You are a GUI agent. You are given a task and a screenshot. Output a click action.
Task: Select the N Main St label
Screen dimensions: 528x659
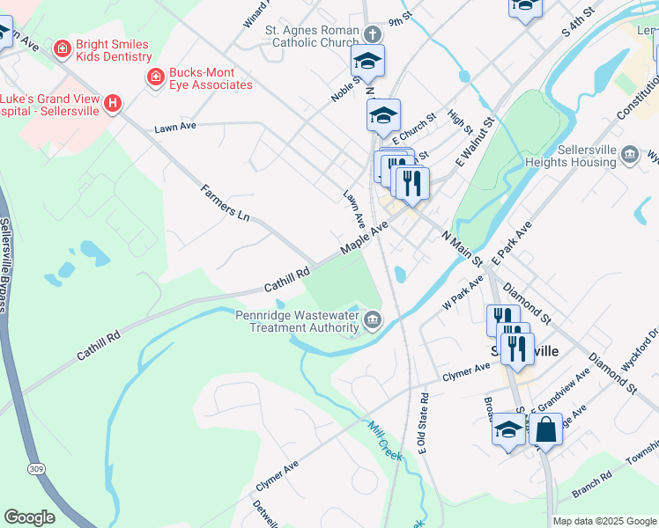tap(462, 249)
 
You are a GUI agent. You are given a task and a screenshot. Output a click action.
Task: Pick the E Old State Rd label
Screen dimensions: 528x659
tap(424, 422)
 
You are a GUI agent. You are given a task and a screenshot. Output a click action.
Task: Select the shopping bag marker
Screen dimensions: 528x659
tap(545, 429)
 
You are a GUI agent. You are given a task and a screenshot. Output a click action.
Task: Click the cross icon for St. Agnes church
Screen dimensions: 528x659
tap(373, 34)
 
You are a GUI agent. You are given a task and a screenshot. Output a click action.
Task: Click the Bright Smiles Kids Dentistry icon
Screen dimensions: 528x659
tap(62, 48)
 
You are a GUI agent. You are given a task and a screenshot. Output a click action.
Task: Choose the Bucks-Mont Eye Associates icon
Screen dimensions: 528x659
tap(155, 77)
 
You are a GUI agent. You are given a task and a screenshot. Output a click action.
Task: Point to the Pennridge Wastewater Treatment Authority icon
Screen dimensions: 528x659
tap(373, 319)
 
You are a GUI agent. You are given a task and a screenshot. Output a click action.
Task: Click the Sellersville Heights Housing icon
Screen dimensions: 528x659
tap(630, 156)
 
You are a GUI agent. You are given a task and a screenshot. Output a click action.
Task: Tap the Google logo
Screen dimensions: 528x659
tap(30, 517)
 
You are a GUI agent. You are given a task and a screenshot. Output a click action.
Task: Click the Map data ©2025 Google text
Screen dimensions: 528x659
tap(603, 521)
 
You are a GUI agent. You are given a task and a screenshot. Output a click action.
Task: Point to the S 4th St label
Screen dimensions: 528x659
tap(579, 29)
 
